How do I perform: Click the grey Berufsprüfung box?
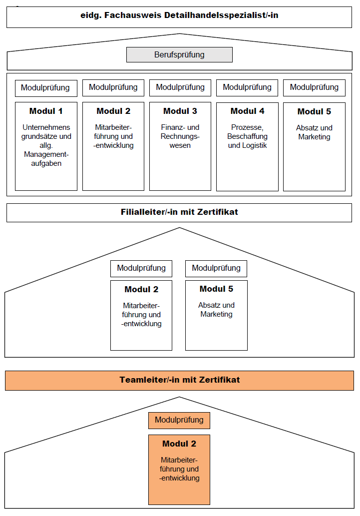179,55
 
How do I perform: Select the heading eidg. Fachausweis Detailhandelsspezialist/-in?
179,15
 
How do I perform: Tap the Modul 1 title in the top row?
46,111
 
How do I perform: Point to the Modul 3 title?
180,111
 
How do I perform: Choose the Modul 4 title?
247,111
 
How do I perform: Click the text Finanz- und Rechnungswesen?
180,136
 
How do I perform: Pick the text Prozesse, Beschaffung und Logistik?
247,136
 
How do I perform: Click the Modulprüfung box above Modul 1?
46,88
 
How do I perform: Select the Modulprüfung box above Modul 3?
180,87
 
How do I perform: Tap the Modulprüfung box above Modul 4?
247,87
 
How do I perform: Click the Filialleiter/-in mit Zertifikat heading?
179,212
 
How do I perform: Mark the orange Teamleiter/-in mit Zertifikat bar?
179,380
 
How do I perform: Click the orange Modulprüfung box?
179,420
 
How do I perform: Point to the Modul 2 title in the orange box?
179,444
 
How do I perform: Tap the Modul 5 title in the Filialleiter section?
216,289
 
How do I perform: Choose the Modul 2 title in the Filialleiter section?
141,290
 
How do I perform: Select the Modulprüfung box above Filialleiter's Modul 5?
216,268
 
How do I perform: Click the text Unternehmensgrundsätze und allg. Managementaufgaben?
46,145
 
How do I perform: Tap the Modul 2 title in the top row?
113,111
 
